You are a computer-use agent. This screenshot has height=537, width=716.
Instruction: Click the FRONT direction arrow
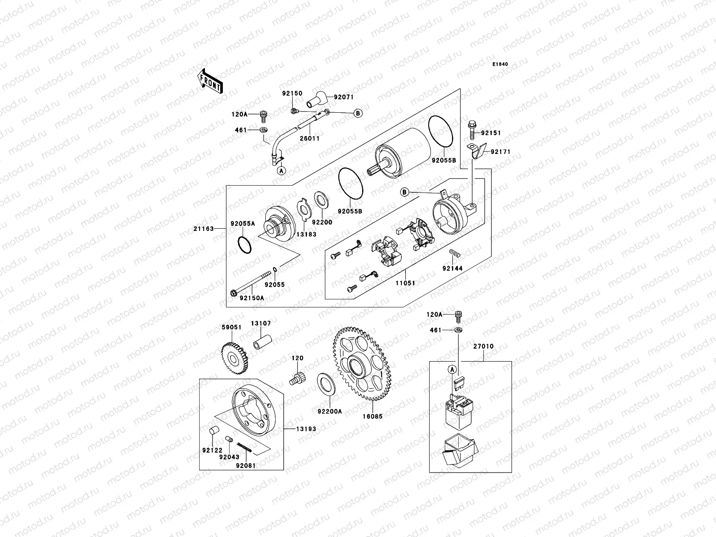click(x=210, y=81)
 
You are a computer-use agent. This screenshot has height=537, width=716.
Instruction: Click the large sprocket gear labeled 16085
click(x=362, y=365)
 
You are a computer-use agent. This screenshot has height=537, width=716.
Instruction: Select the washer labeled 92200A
click(x=326, y=384)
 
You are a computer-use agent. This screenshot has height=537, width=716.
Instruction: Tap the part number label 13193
click(x=306, y=429)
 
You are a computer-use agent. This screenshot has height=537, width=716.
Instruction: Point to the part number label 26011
click(x=309, y=138)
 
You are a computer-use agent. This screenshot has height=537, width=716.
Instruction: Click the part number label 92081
click(x=246, y=465)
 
